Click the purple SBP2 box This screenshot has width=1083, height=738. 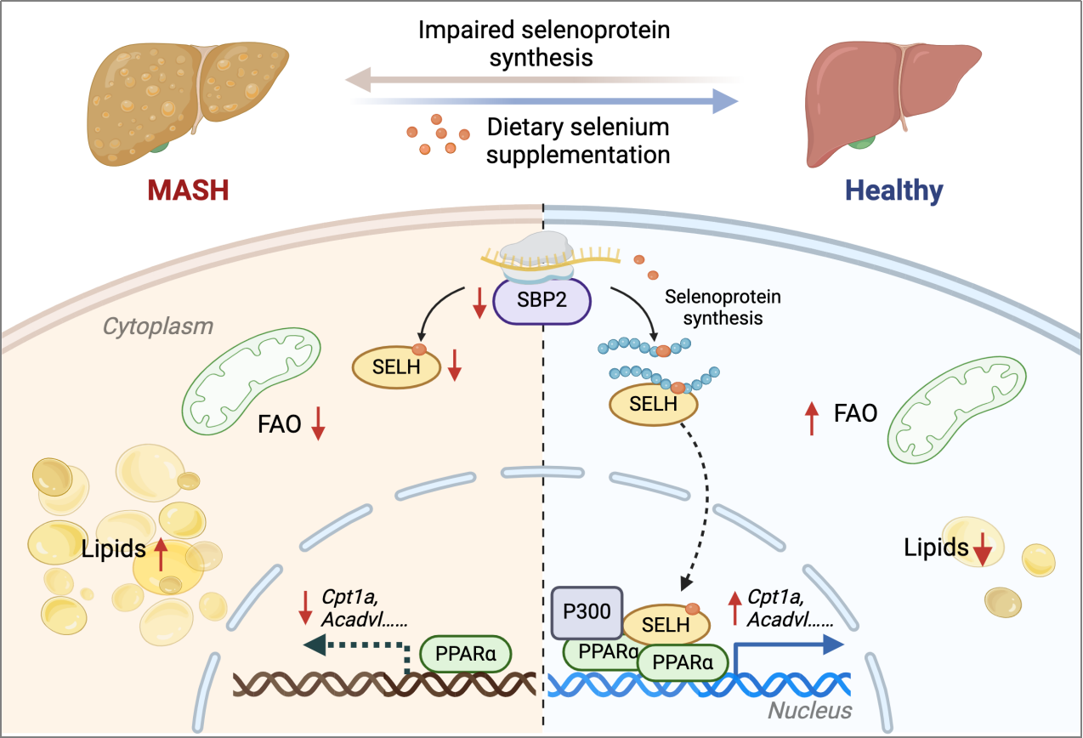point(541,300)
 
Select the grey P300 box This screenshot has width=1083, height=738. point(587,612)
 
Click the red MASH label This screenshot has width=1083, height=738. point(188,190)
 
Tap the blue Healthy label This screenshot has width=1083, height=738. point(893,190)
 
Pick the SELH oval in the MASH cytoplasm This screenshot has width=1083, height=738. point(396,367)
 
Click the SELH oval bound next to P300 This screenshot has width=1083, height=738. point(666,624)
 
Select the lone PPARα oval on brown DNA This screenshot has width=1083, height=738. point(466,654)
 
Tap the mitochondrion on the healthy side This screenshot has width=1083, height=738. point(956,410)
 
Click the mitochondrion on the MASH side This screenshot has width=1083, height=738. point(251,381)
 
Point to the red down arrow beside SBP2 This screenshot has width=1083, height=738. point(479,304)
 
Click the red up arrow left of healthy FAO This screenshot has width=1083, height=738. point(812,419)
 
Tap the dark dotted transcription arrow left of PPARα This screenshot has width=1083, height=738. point(367,645)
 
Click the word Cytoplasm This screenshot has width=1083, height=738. point(158,326)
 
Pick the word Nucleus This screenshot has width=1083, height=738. point(810,711)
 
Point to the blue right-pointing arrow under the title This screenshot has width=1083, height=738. point(544,101)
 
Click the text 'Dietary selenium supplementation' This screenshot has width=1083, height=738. point(578,141)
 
